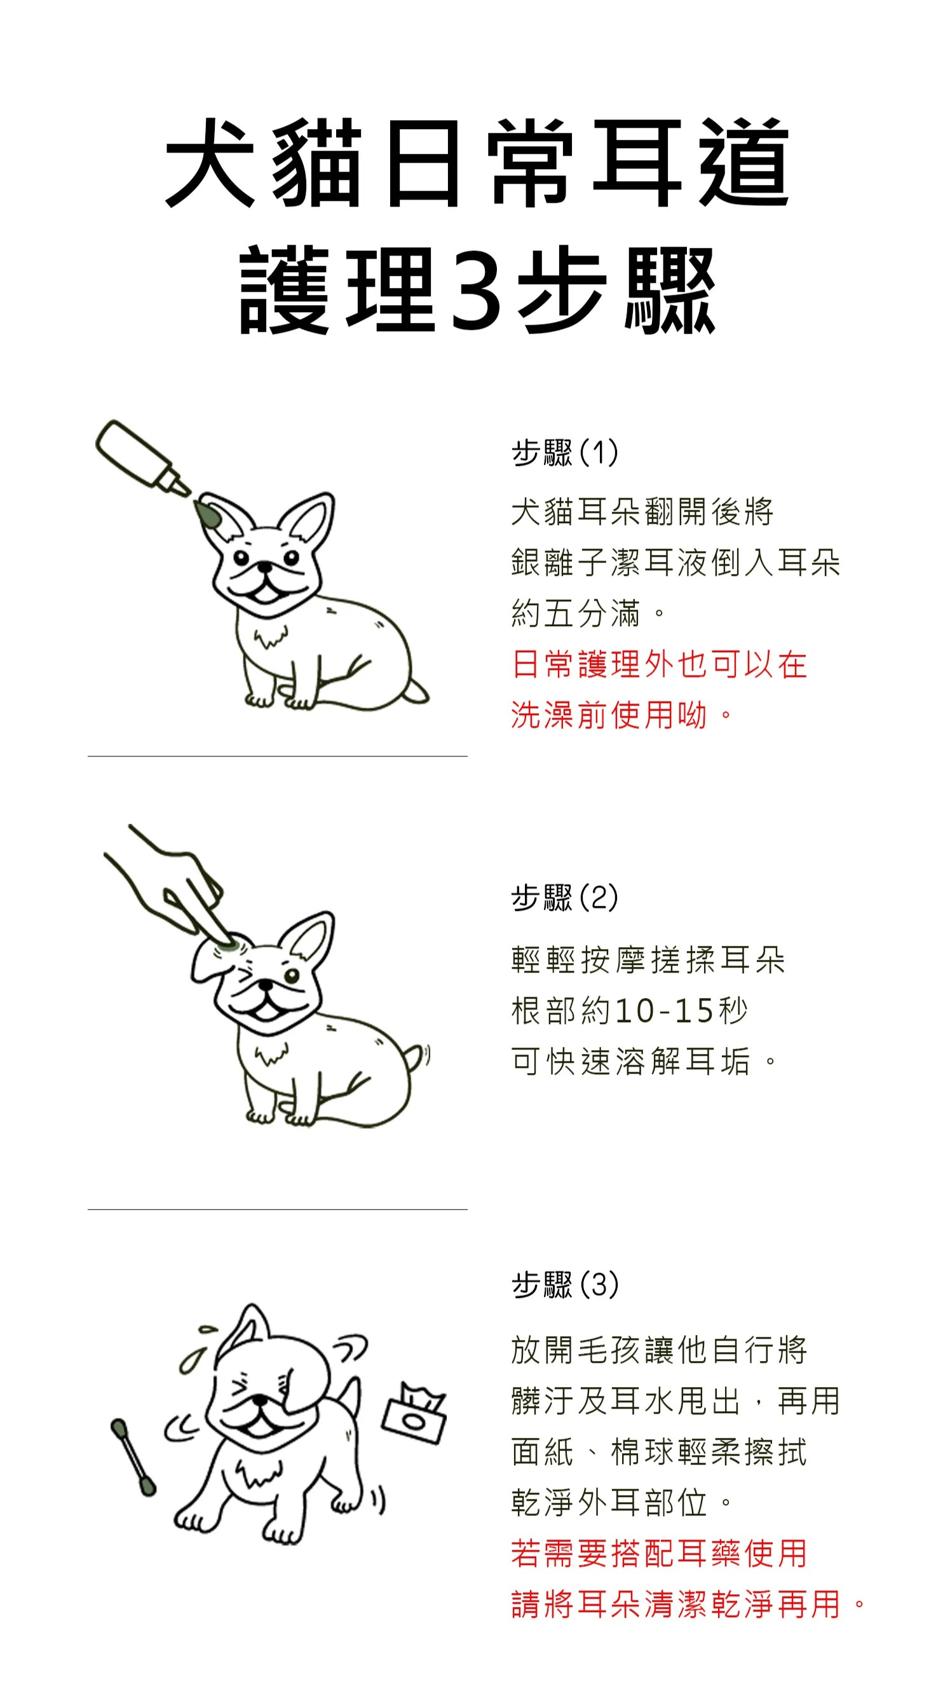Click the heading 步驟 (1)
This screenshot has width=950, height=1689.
(x=564, y=453)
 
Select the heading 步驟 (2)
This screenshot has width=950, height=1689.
(x=564, y=897)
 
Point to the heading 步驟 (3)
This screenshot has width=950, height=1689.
(x=564, y=1284)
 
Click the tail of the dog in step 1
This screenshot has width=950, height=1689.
(x=416, y=692)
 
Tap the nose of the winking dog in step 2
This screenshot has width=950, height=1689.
(x=265, y=985)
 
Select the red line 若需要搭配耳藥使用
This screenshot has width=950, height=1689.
(x=658, y=1553)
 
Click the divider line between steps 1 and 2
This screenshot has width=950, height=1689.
(x=277, y=756)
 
